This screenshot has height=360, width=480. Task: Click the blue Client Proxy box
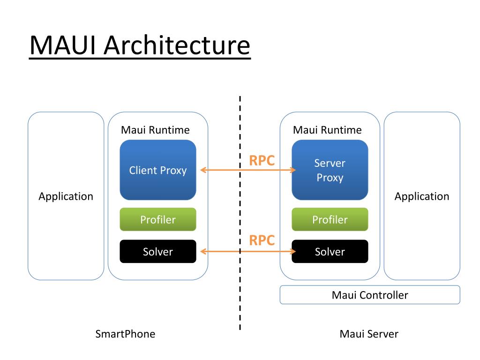click(x=158, y=170)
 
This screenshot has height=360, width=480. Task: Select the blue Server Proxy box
click(x=330, y=170)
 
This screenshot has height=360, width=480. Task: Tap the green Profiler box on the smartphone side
click(x=158, y=219)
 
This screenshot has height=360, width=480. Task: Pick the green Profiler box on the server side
click(x=330, y=219)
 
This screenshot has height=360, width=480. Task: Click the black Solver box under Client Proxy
click(x=158, y=251)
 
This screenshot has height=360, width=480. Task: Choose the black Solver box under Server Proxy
click(x=330, y=251)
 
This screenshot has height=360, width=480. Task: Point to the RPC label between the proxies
click(x=262, y=160)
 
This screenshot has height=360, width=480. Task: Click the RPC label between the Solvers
click(x=262, y=240)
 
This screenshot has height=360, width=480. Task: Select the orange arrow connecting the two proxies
click(x=248, y=170)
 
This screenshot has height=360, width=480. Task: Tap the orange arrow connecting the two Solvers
click(x=248, y=252)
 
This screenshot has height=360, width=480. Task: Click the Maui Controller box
click(x=370, y=295)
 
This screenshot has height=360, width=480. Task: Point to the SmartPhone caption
click(x=125, y=334)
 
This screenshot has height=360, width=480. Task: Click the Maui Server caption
click(x=369, y=334)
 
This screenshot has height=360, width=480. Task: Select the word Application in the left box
click(x=66, y=196)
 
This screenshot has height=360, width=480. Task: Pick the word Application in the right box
click(x=422, y=196)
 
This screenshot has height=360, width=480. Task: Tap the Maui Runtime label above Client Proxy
click(x=155, y=130)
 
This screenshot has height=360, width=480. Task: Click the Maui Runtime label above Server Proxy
click(x=327, y=130)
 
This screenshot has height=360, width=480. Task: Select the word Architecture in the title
click(x=177, y=45)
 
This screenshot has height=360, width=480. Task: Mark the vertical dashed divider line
click(x=240, y=213)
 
